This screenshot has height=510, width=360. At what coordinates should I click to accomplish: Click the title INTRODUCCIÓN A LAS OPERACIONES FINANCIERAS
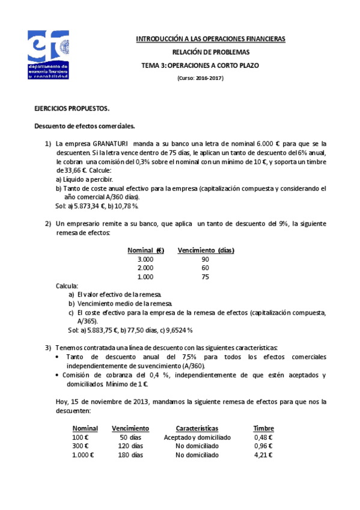[x=210, y=39]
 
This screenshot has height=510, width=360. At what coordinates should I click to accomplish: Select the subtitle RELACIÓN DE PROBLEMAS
[x=210, y=52]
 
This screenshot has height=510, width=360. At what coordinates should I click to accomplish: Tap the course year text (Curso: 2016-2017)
[x=201, y=78]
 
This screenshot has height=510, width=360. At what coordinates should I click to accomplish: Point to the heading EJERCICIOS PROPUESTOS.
[x=72, y=109]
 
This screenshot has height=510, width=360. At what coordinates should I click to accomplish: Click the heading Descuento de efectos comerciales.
[x=84, y=126]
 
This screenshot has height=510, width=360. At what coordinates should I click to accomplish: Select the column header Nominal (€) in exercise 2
[x=145, y=250]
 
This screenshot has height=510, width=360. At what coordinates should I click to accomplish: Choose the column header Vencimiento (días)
[x=206, y=250]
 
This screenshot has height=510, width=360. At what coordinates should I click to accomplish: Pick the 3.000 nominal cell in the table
[x=145, y=259]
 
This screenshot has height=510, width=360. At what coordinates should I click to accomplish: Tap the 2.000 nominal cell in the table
[x=145, y=268]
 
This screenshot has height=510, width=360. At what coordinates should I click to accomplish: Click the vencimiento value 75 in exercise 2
[x=206, y=277]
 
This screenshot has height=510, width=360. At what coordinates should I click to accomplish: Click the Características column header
[x=197, y=428]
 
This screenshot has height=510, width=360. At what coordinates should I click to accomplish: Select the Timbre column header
[x=263, y=428]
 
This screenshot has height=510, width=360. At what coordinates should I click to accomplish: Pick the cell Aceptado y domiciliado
[x=197, y=437]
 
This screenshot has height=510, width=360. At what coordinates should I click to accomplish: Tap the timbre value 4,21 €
[x=263, y=455]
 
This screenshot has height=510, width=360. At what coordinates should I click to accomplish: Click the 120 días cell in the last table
[x=130, y=446]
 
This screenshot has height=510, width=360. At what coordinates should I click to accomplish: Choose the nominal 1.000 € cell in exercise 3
[x=83, y=455]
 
